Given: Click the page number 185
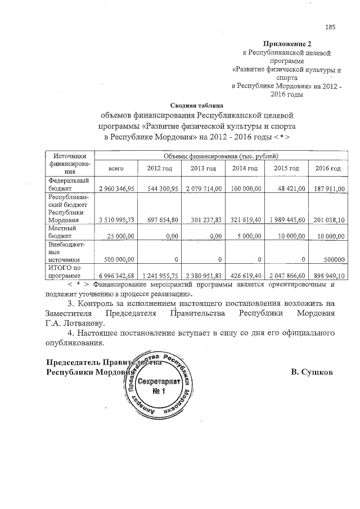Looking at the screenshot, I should (330, 27).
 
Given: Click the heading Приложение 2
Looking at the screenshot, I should (286, 43).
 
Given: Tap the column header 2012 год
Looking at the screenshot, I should (160, 168).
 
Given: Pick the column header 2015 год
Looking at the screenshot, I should (286, 168).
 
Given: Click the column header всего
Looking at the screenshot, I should (116, 168).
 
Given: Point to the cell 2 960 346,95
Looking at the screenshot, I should (116, 188).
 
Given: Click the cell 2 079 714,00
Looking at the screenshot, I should (203, 188).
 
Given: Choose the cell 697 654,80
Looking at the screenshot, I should (160, 220).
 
